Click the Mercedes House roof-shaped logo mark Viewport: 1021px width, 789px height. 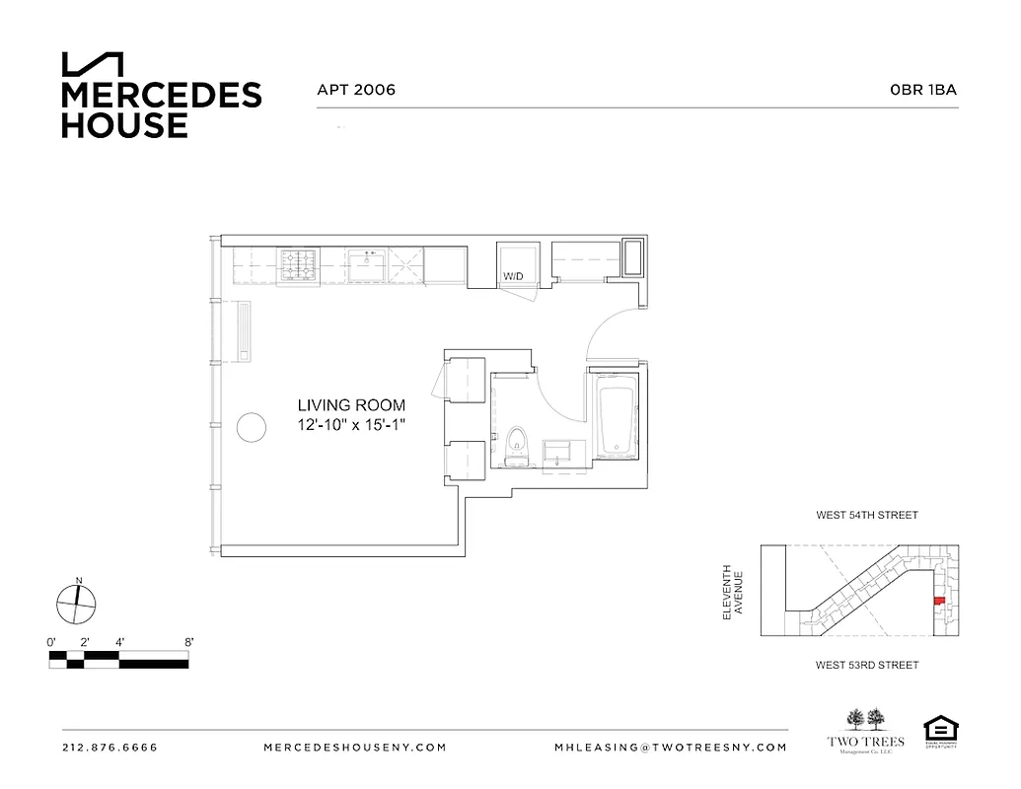(x=93, y=64)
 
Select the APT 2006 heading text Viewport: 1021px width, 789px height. (x=356, y=90)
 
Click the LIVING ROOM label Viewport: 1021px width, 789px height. (x=351, y=405)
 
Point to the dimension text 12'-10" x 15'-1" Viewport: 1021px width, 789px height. (x=352, y=424)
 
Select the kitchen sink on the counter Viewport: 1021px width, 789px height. (x=371, y=264)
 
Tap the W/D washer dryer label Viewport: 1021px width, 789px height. (x=513, y=277)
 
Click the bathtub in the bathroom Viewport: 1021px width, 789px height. (x=616, y=418)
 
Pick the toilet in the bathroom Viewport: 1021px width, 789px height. (x=516, y=446)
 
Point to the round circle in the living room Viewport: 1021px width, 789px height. (x=251, y=428)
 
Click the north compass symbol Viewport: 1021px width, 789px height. (x=77, y=603)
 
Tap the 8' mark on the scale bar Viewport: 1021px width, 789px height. (x=187, y=642)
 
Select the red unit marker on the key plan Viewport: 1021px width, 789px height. (x=938, y=599)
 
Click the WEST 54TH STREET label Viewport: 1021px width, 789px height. (x=866, y=515)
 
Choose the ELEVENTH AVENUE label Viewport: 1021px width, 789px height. (x=733, y=592)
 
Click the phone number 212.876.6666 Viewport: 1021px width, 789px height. (x=109, y=748)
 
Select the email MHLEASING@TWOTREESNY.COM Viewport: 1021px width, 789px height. (x=671, y=748)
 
